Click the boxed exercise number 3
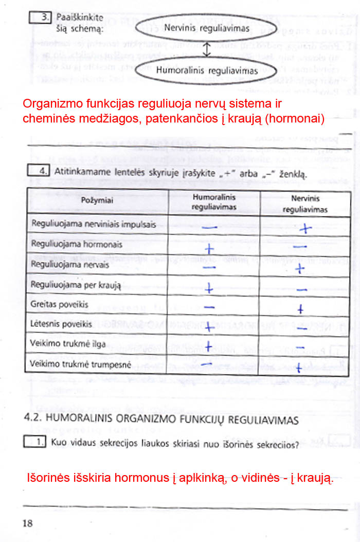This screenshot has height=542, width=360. click(x=45, y=17)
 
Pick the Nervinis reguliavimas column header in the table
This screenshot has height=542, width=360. click(x=305, y=204)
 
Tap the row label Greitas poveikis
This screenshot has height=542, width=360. click(x=60, y=304)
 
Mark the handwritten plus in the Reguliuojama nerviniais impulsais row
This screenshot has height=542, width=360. click(x=305, y=229)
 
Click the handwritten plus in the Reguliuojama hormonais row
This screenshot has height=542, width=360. click(x=209, y=249)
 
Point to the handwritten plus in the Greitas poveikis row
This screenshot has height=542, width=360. click(x=302, y=309)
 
